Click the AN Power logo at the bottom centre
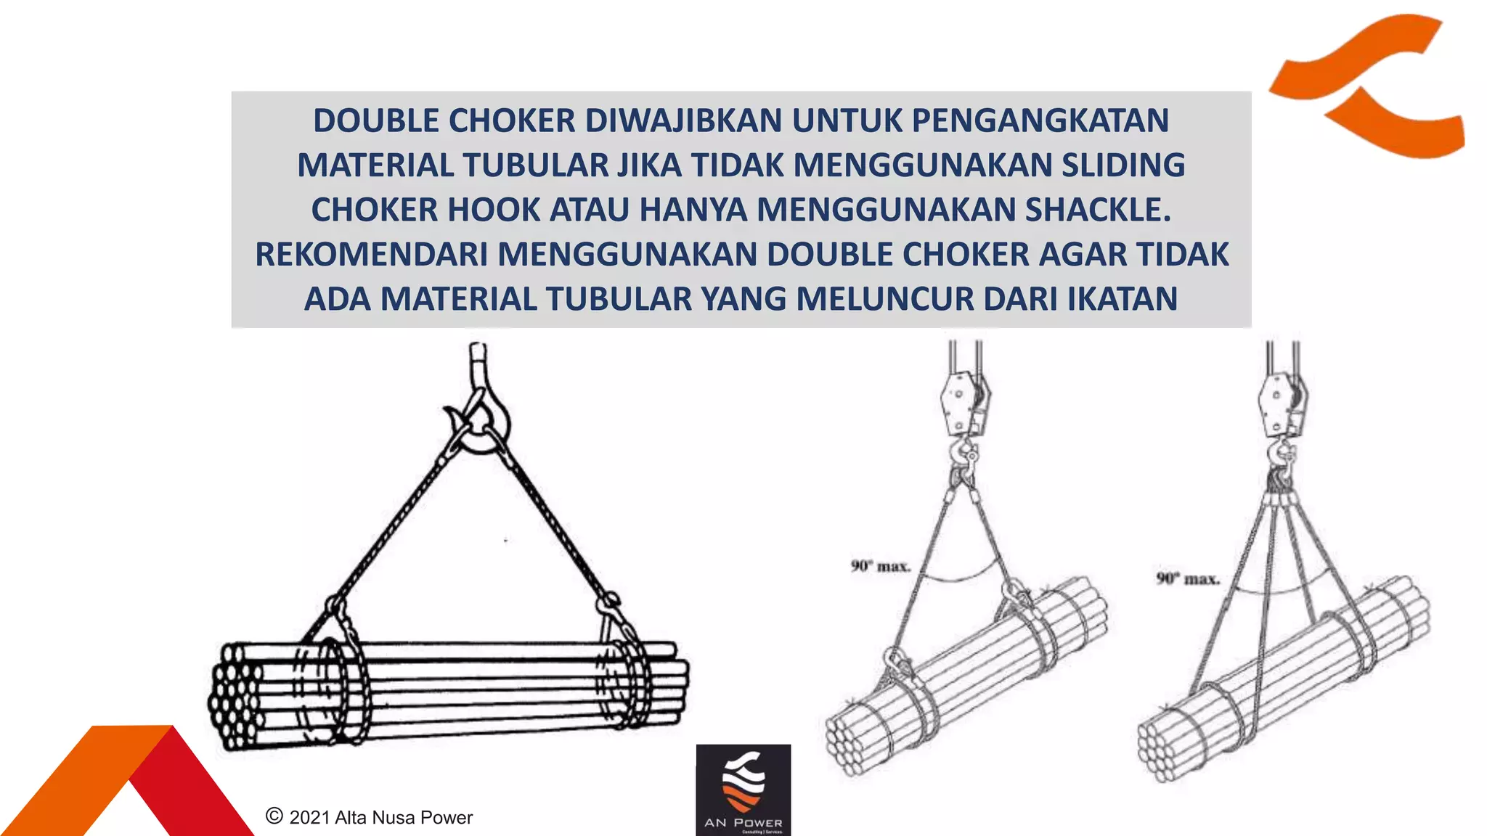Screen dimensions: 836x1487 pos(743,790)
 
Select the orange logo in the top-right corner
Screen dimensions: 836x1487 pos(1369,86)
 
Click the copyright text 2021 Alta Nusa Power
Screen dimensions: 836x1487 pos(370,817)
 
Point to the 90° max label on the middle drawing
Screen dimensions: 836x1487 pos(880,566)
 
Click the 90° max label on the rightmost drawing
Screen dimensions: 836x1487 pos(1187,579)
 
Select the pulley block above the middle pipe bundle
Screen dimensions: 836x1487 pos(964,403)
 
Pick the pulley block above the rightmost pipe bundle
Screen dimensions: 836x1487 pos(1282,403)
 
